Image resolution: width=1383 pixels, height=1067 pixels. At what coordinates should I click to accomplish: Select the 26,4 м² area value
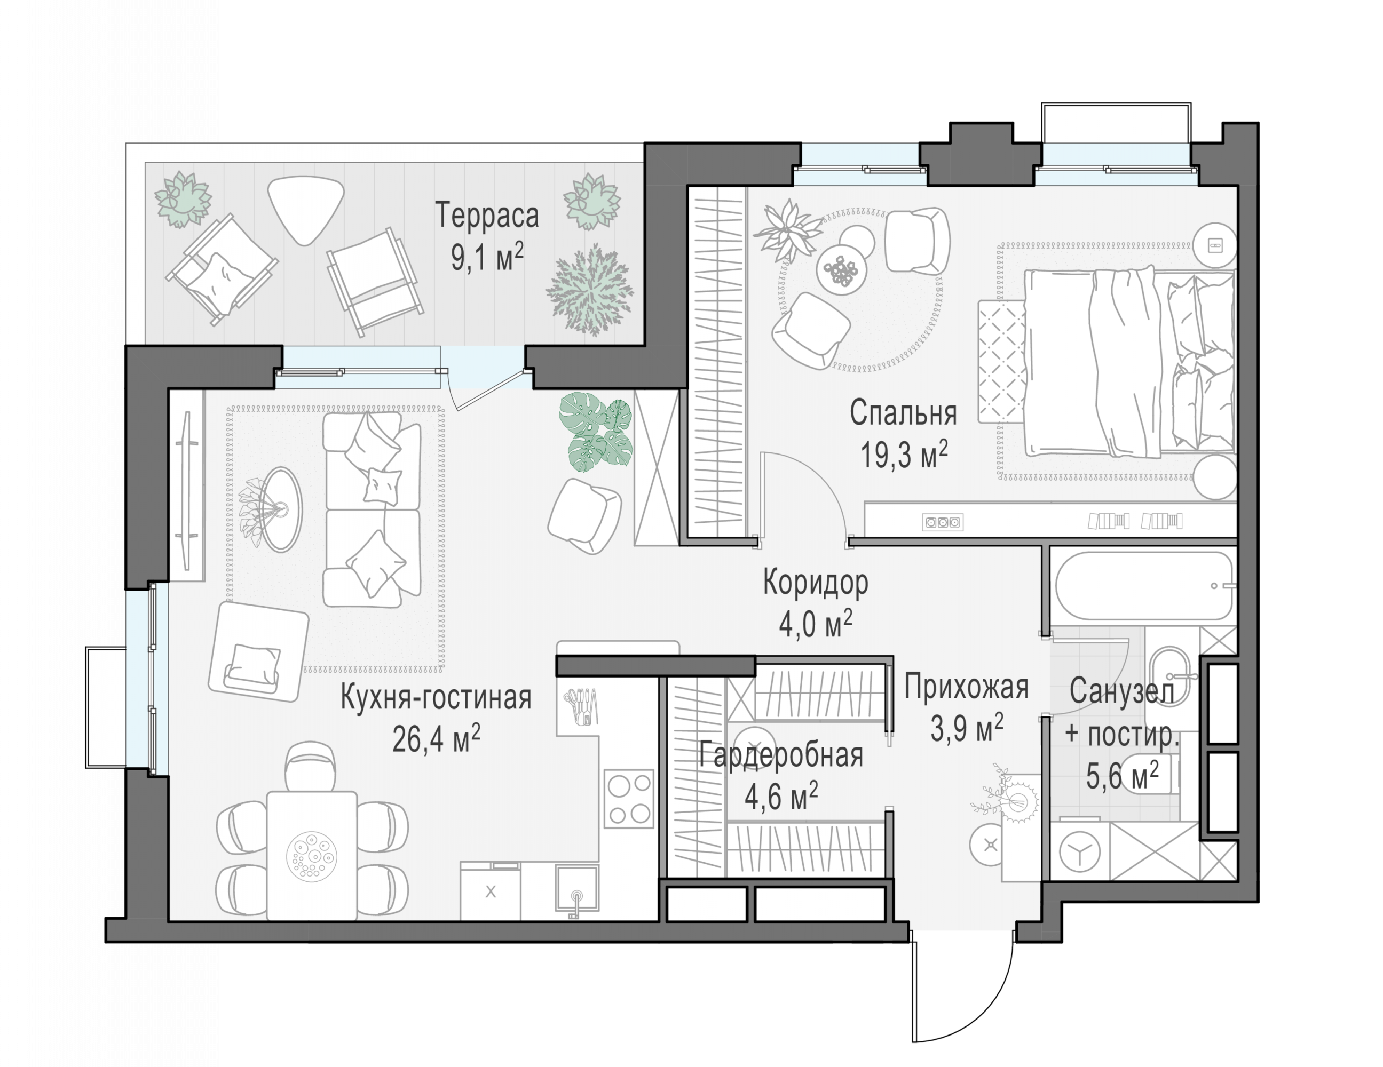(436, 738)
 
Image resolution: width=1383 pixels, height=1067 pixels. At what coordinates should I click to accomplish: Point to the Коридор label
(816, 582)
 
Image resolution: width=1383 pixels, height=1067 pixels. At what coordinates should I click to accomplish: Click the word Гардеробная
(781, 755)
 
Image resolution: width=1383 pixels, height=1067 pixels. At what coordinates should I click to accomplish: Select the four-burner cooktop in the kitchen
(628, 798)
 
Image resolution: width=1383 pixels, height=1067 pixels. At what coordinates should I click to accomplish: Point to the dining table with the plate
(312, 855)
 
